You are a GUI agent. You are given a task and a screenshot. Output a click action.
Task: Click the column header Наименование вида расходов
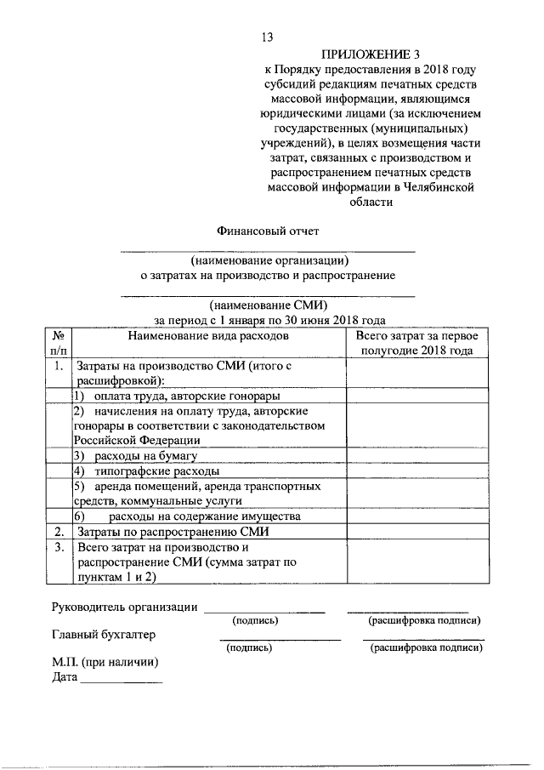208,336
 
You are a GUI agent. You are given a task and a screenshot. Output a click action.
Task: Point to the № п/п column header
58,343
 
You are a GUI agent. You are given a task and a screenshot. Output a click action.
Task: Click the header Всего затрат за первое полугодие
416,343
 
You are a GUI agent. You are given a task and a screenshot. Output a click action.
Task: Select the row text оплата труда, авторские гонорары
183,396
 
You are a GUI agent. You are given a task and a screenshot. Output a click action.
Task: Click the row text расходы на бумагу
141,456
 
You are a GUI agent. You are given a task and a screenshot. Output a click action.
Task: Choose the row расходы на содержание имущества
204,516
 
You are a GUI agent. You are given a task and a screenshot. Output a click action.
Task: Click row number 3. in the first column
58,548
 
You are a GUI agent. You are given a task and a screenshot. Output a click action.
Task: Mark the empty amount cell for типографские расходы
416,471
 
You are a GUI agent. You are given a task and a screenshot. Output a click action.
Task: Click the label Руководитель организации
124,607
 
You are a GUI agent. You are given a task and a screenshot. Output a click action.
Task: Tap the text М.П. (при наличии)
105,663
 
